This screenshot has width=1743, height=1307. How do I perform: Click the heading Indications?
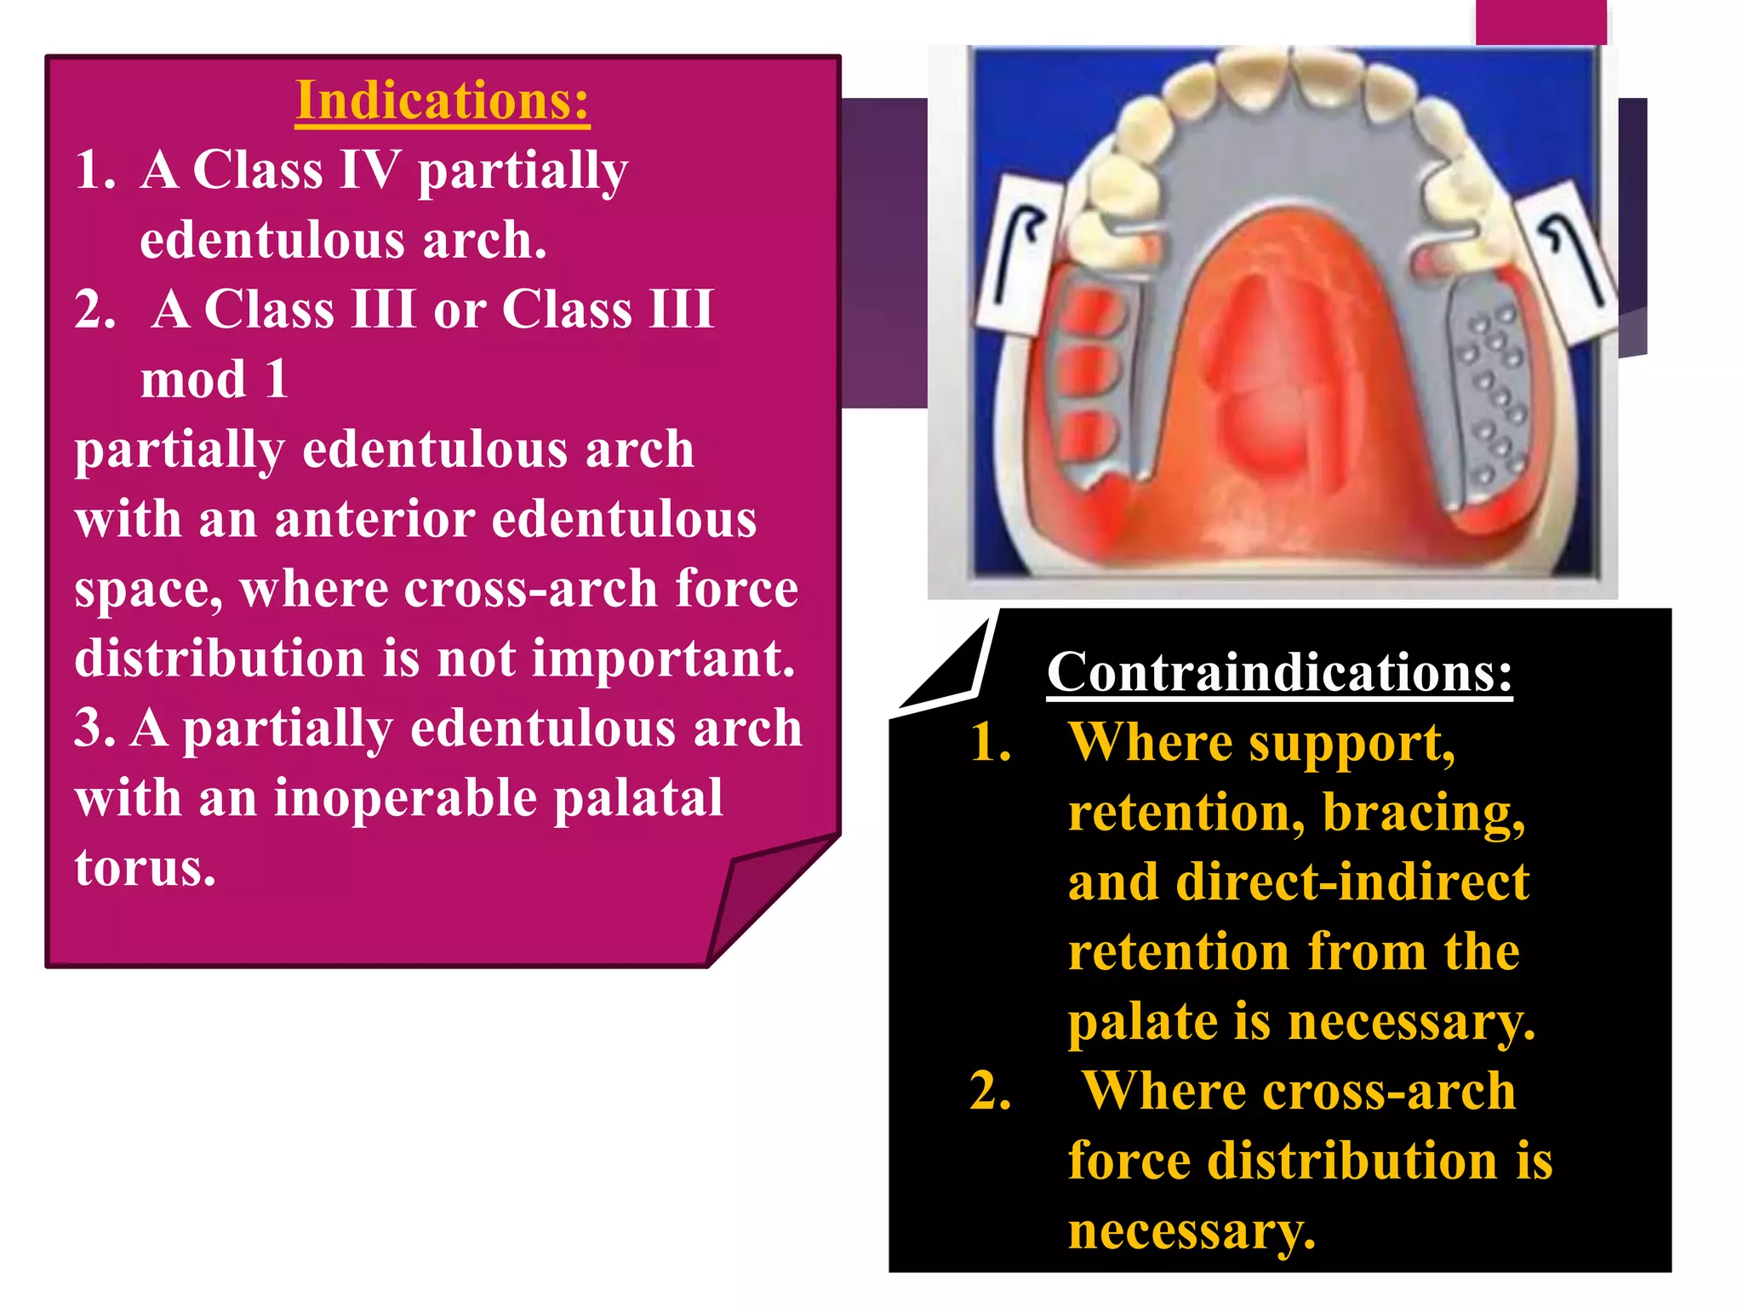(442, 101)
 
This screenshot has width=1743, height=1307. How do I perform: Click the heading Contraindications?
(1279, 672)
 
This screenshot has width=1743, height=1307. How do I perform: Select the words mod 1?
(214, 380)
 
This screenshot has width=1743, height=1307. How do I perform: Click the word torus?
(145, 868)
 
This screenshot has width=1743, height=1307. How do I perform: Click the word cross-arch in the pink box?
(531, 589)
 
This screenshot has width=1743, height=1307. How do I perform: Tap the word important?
(664, 659)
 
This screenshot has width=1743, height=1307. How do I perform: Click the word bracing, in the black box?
(1423, 813)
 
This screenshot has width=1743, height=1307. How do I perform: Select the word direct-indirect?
(1352, 882)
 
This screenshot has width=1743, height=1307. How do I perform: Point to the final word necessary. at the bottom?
(1192, 1231)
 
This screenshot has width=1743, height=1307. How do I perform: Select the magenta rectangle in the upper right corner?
(1540, 21)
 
